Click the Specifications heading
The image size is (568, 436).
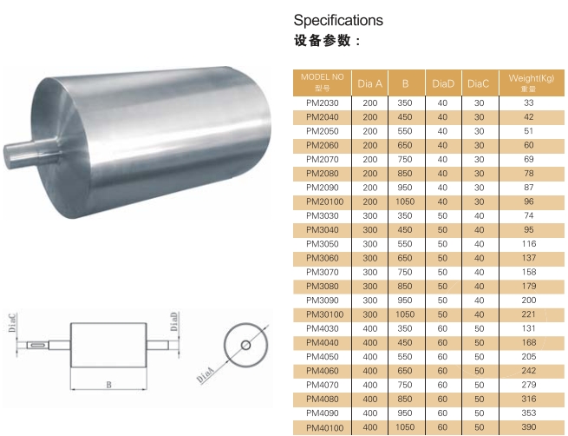point(337,20)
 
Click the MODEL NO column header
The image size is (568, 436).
point(322,82)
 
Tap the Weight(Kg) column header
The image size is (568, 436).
point(529,82)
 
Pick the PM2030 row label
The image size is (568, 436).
point(322,103)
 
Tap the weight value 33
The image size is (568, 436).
point(529,103)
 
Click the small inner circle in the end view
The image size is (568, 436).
point(245,345)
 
